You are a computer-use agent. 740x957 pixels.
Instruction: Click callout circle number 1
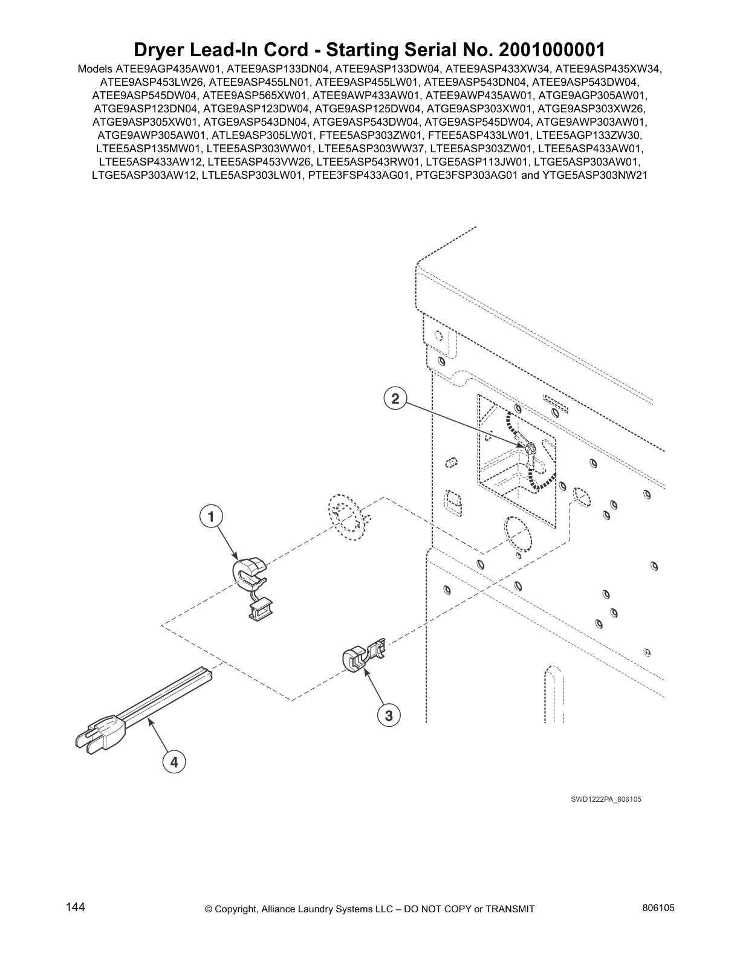[210, 517]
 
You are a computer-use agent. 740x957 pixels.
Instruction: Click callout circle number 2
[395, 398]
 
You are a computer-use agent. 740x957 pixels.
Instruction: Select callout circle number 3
[389, 716]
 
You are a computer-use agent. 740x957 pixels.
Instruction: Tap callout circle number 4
[174, 762]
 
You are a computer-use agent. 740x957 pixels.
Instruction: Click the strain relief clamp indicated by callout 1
[249, 575]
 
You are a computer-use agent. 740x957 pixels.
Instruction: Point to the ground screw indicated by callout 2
[530, 449]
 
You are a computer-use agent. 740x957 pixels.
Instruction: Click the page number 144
[75, 907]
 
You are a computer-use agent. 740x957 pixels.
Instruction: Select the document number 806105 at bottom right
[658, 908]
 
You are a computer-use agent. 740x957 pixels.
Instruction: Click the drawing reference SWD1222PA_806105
[606, 799]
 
